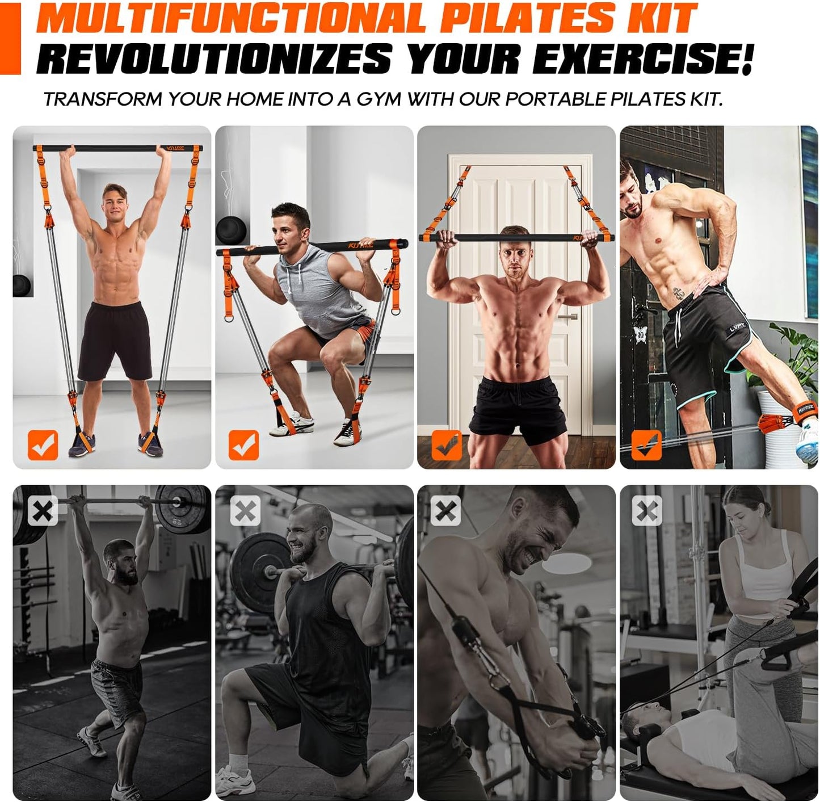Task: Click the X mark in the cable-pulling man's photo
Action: [x=446, y=511]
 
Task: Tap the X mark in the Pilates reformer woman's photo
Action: [x=647, y=511]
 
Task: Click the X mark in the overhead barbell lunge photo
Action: [x=43, y=511]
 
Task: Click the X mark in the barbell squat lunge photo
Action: [x=245, y=511]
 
